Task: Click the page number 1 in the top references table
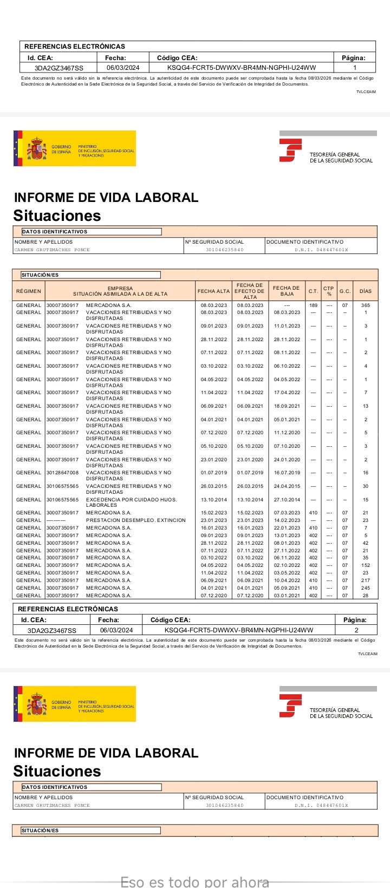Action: (x=355, y=68)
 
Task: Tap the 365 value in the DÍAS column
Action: (x=366, y=305)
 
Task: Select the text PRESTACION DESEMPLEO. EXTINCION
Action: (x=135, y=520)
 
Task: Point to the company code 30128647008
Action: (x=62, y=473)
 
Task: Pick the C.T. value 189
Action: (x=313, y=305)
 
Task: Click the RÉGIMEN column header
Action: (x=29, y=291)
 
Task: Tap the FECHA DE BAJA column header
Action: (x=287, y=291)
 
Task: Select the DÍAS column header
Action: (x=366, y=291)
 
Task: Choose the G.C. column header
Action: (x=345, y=291)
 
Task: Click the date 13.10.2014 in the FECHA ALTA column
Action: (x=214, y=500)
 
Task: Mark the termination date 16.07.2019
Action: (x=287, y=473)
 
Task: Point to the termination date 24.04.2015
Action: (x=287, y=486)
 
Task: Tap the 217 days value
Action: (x=366, y=580)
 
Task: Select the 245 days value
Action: (x=366, y=588)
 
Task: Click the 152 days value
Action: (x=366, y=565)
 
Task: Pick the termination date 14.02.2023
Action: (x=287, y=520)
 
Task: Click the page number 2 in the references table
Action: (x=356, y=630)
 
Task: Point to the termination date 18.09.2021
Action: (x=287, y=406)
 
